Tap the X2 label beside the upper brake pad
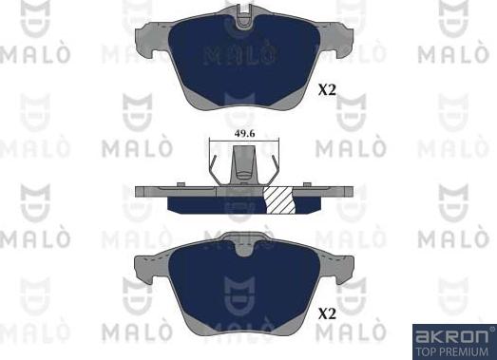point(327,91)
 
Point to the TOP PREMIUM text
point(451,350)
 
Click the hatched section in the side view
point(279,200)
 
